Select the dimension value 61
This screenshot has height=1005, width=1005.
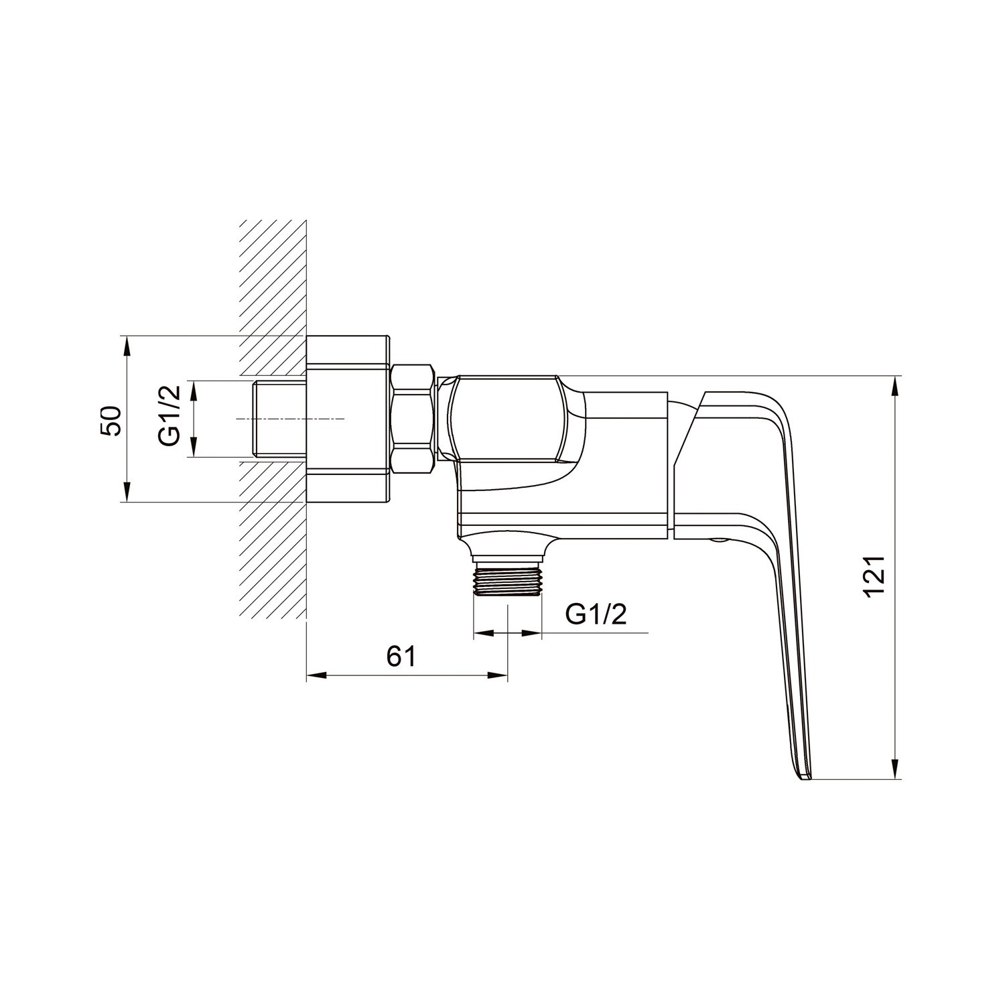tap(401, 657)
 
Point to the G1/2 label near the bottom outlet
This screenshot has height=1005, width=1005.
tap(596, 614)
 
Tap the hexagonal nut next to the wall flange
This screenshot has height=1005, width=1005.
tap(413, 419)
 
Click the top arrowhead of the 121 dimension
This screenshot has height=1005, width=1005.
tap(895, 385)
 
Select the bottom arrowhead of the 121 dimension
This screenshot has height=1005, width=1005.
tap(895, 771)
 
